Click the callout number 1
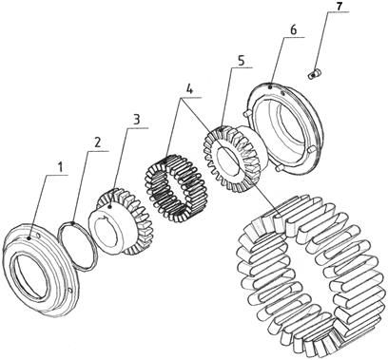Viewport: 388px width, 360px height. (60, 166)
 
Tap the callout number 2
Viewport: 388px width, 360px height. (97, 142)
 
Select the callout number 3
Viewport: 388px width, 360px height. (136, 120)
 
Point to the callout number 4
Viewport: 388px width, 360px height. (189, 89)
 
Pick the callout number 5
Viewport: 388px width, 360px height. (242, 61)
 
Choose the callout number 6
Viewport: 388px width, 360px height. (293, 30)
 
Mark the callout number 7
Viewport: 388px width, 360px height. (339, 6)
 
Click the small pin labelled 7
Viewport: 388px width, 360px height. (315, 74)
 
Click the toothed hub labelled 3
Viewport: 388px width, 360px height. (121, 221)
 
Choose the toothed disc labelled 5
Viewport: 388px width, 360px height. (235, 159)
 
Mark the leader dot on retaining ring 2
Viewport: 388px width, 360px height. (73, 223)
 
